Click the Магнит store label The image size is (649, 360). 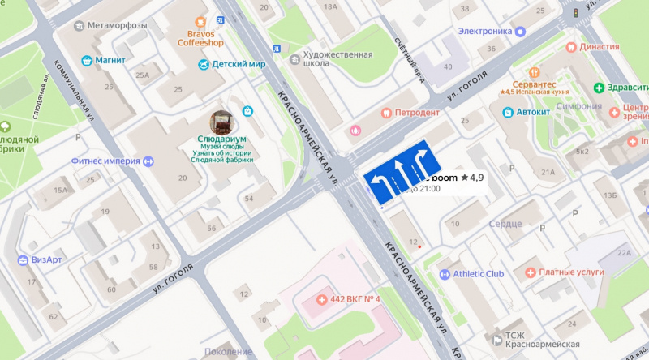point(110,60)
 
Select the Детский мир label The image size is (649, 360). point(239,64)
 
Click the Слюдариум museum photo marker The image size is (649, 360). point(221,122)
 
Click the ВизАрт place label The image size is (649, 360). point(46,259)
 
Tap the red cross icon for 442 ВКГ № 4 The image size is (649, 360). point(322,300)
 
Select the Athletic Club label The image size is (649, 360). point(478,274)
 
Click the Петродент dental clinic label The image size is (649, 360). point(417,113)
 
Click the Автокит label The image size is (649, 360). point(534,112)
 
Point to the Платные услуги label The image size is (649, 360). point(567,272)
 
